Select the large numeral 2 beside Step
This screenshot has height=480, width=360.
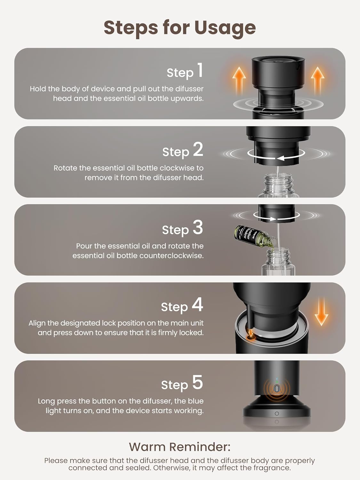tap(198, 149)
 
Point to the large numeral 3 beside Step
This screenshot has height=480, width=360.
tap(198, 227)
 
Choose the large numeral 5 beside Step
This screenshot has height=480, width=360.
tap(197, 382)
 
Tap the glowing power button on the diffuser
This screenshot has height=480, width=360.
tap(277, 388)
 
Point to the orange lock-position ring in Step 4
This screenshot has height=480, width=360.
tap(251, 338)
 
